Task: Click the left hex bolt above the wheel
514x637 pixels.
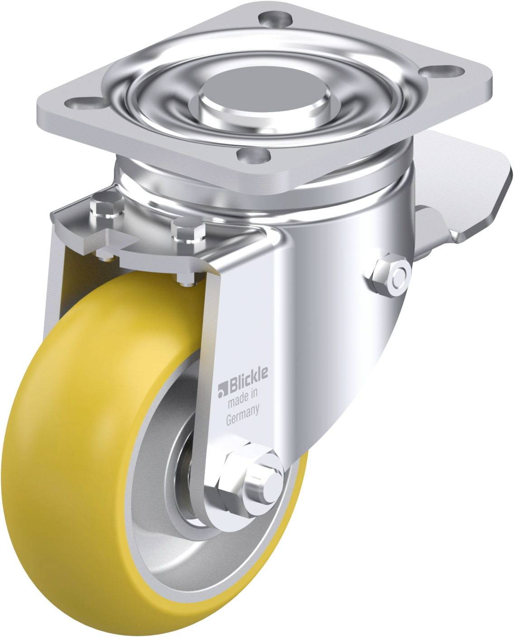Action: pyautogui.click(x=107, y=208)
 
